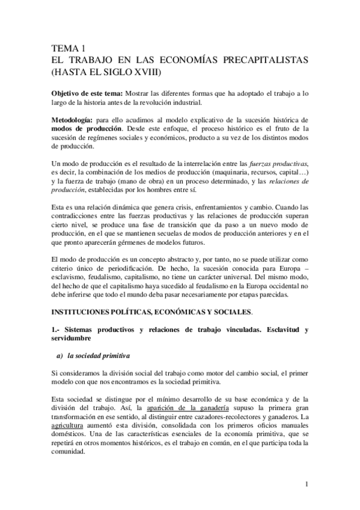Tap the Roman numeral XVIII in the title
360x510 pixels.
149,72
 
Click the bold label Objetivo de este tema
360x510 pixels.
87,94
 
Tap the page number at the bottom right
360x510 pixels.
307,484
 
